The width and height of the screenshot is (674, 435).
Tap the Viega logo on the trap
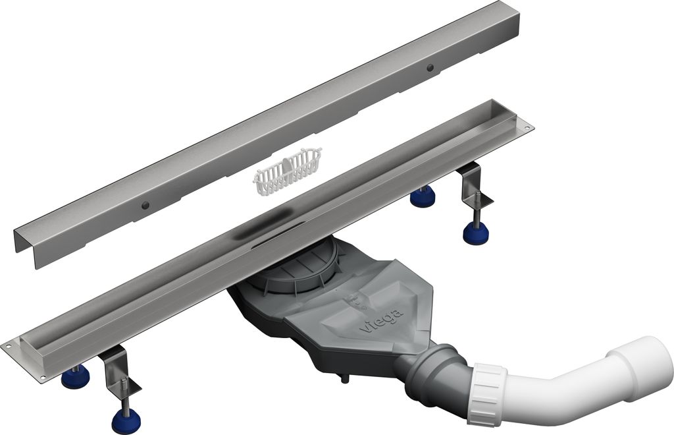(381, 320)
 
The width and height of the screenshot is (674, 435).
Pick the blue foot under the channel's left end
(75, 377)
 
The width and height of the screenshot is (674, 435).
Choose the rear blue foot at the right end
(423, 197)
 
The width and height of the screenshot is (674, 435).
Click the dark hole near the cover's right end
(430, 67)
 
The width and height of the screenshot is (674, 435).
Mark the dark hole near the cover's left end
(147, 205)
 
